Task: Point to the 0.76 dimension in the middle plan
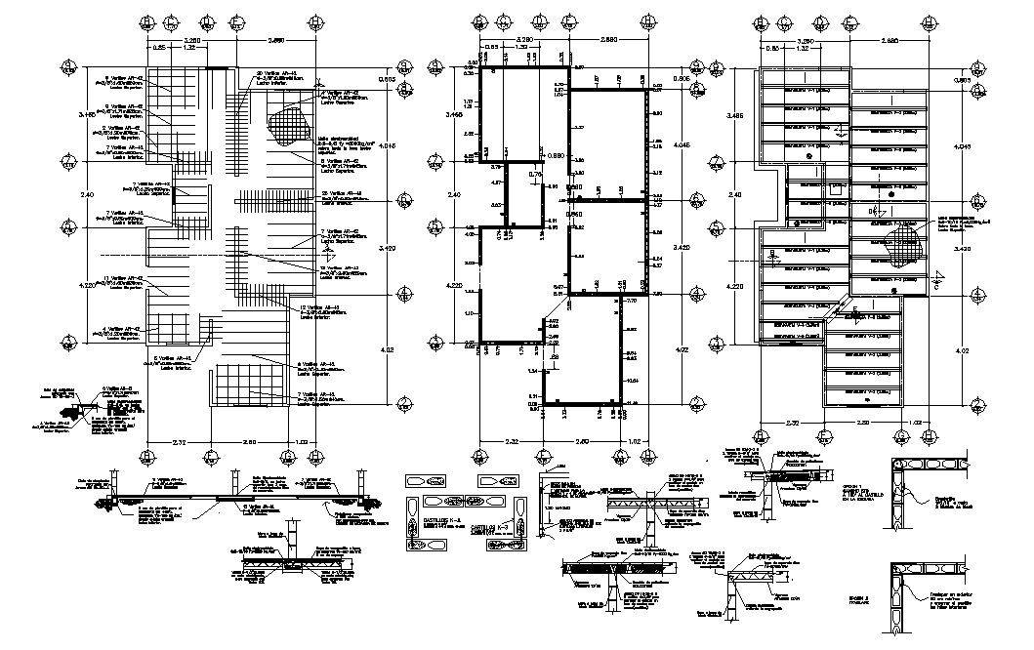pyautogui.click(x=534, y=175)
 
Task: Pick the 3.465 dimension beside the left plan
pyautogui.click(x=88, y=115)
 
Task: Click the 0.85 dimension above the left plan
pyautogui.click(x=158, y=48)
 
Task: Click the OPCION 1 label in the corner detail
pyautogui.click(x=895, y=484)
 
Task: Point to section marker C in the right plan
pyautogui.click(x=935, y=283)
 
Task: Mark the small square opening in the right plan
pyautogui.click(x=838, y=192)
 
